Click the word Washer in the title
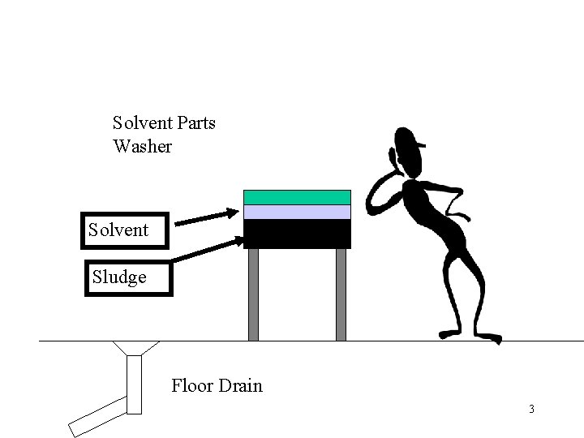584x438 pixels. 143,147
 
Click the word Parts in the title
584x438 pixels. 196,124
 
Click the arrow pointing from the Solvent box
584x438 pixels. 206,217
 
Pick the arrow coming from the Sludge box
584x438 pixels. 207,250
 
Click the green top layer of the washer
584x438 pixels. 297,197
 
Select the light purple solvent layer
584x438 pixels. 297,212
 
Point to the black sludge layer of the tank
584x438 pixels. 297,234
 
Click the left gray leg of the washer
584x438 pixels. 253,294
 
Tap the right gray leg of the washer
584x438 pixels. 341,294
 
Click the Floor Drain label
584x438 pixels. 217,385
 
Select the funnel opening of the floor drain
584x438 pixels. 134,348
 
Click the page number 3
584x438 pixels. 531,409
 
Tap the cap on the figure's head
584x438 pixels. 410,139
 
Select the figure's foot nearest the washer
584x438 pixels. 449,332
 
